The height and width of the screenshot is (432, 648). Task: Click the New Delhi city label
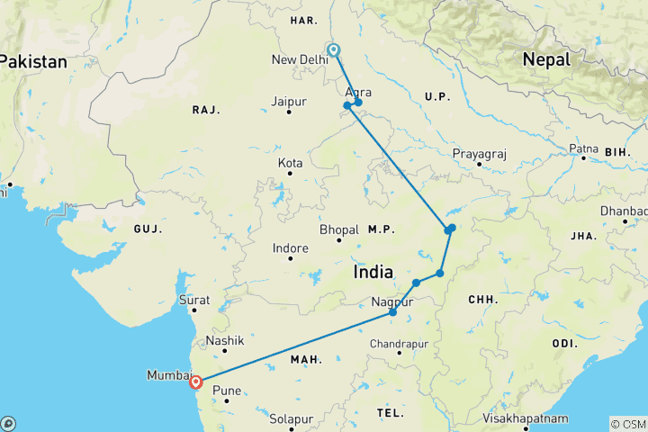point(300,60)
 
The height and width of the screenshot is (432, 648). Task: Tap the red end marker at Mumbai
point(195,382)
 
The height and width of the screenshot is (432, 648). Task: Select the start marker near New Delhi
point(333,50)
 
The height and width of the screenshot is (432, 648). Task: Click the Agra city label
point(357,92)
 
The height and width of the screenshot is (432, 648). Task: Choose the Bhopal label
point(339,230)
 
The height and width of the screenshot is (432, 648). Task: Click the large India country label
point(373,272)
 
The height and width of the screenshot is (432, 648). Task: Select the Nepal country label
point(546,59)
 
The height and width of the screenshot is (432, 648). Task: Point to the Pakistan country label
point(33,62)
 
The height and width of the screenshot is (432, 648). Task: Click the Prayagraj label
point(480,155)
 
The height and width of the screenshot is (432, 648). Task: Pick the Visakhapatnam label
point(526,418)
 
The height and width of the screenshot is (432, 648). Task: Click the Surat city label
point(193,301)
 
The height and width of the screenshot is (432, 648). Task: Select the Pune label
point(226,391)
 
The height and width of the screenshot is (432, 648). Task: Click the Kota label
point(290,163)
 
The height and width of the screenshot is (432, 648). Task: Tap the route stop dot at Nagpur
point(393,312)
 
